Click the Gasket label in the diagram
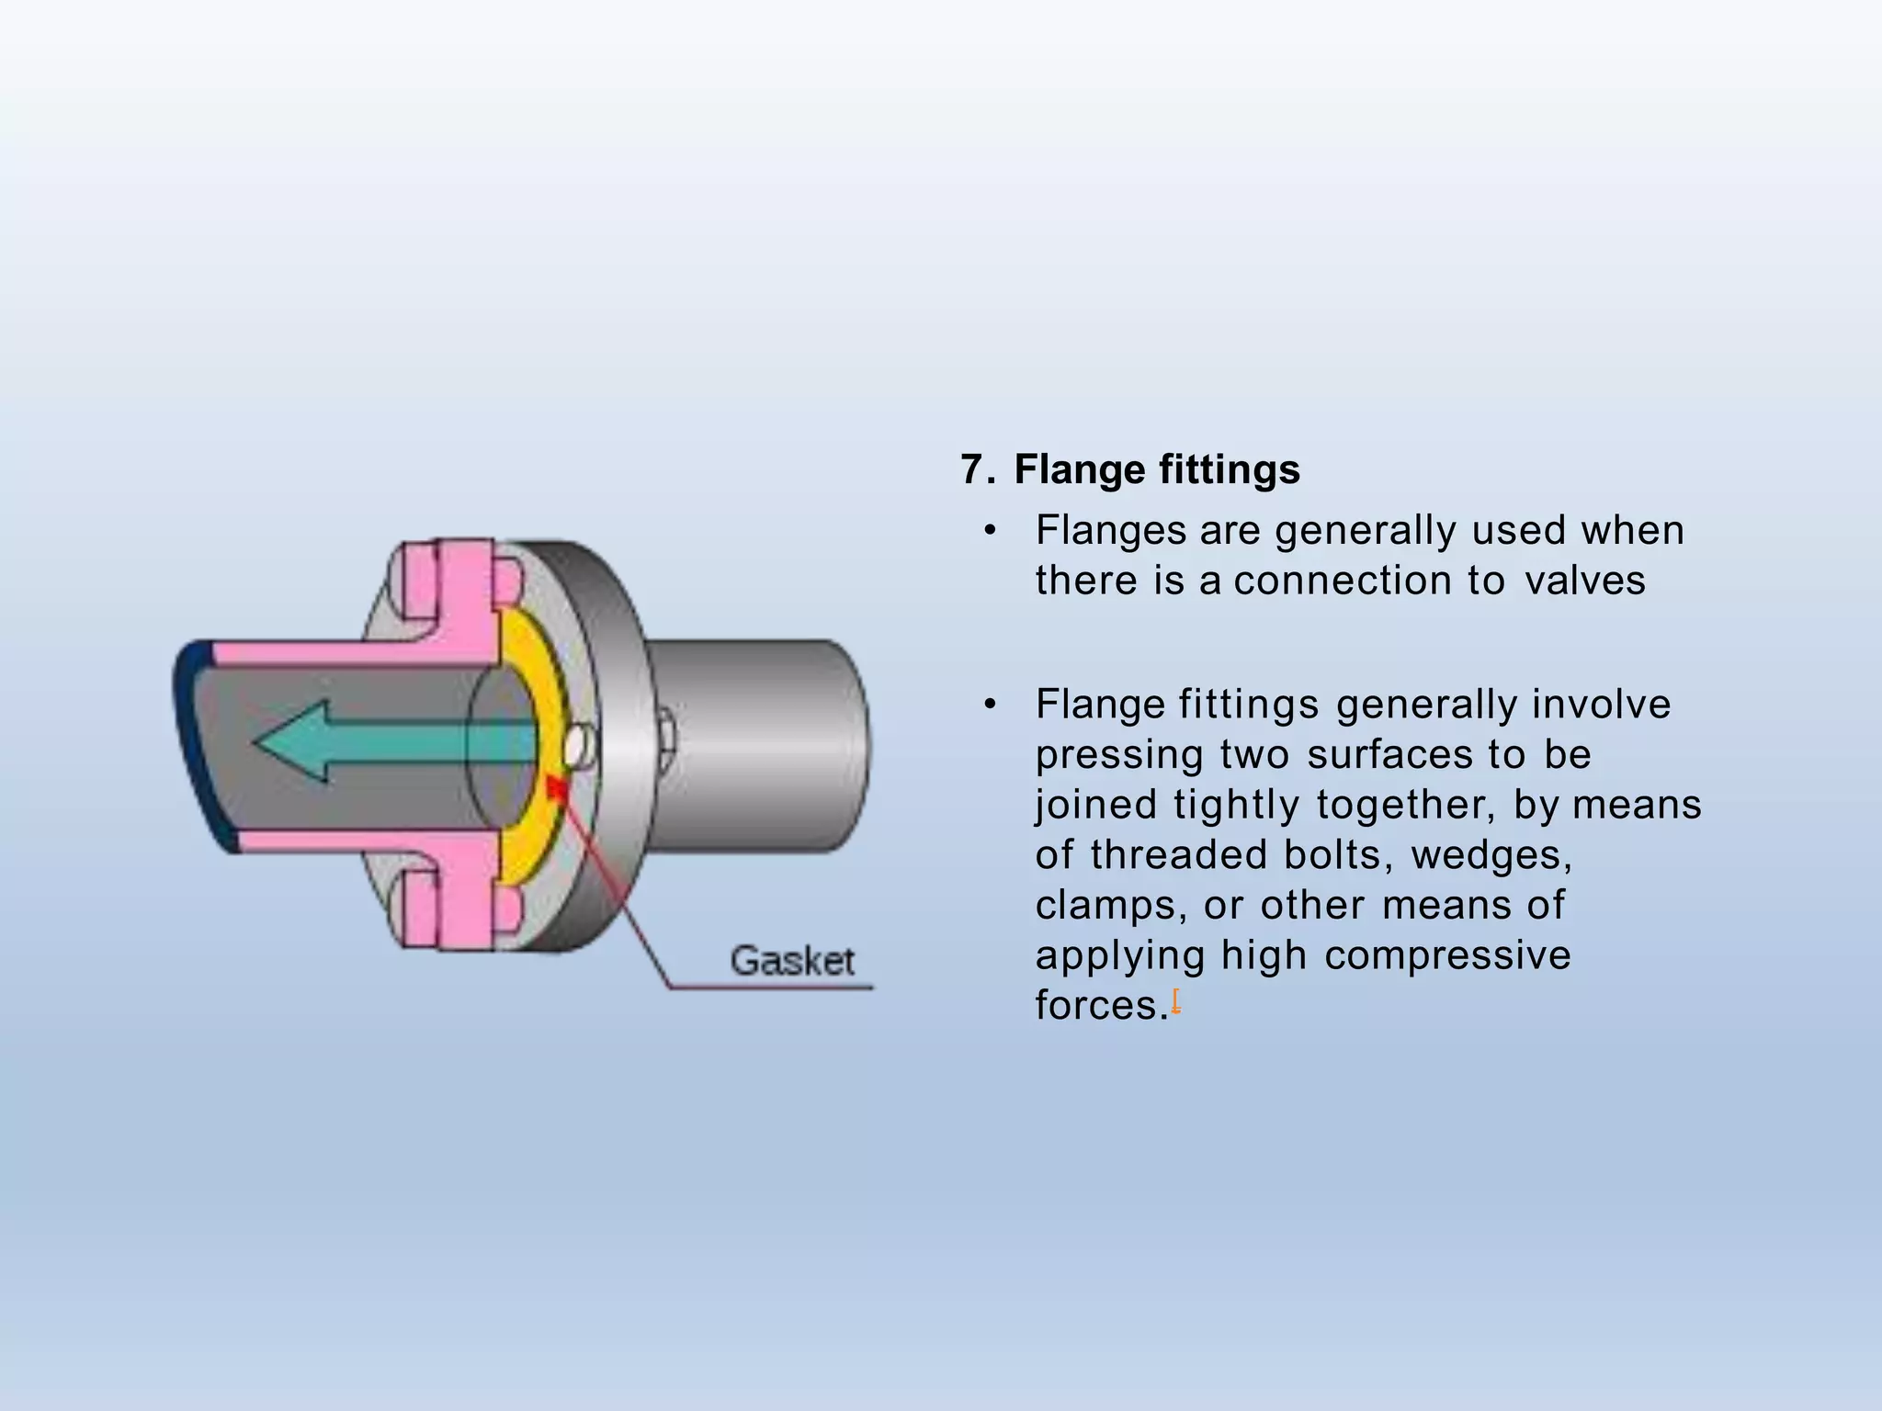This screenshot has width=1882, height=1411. pos(792,961)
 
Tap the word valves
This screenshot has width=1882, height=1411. pos(1585,581)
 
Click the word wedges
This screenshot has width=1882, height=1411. pos(1491,855)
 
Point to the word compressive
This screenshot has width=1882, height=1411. pos(1447,955)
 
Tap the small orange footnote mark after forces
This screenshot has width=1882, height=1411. pos(1175,1001)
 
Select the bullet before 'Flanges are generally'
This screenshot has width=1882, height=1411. pos(989,531)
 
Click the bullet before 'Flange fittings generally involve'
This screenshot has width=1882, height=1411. pos(989,705)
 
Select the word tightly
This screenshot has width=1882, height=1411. pos(1236,805)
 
